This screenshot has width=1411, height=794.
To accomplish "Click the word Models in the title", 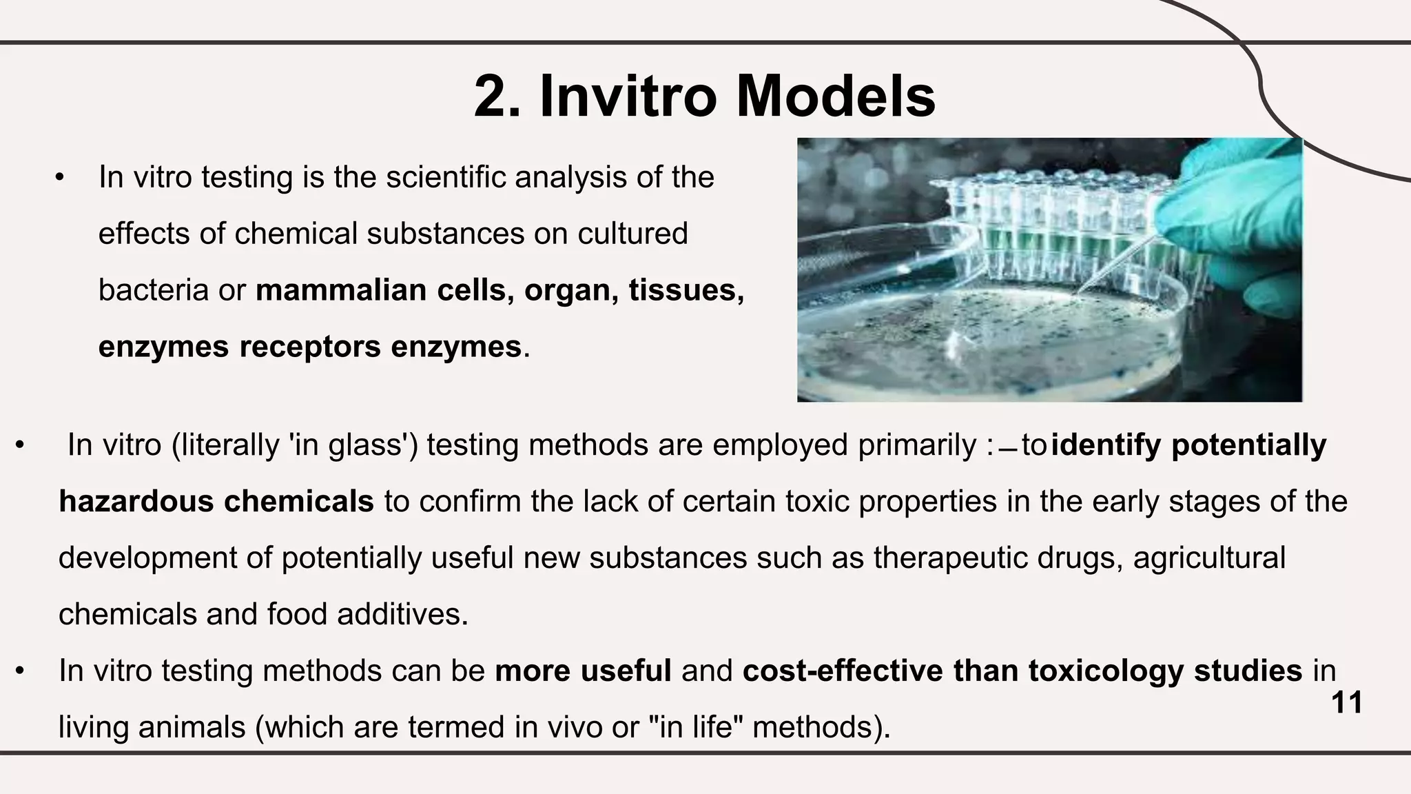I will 835,96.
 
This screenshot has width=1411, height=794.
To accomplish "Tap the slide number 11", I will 1346,703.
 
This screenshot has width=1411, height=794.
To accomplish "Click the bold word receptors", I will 309,347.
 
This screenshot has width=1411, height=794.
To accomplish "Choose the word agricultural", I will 1208,558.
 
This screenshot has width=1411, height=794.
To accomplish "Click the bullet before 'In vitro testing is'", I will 60,178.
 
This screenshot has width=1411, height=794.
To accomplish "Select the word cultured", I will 632,234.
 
